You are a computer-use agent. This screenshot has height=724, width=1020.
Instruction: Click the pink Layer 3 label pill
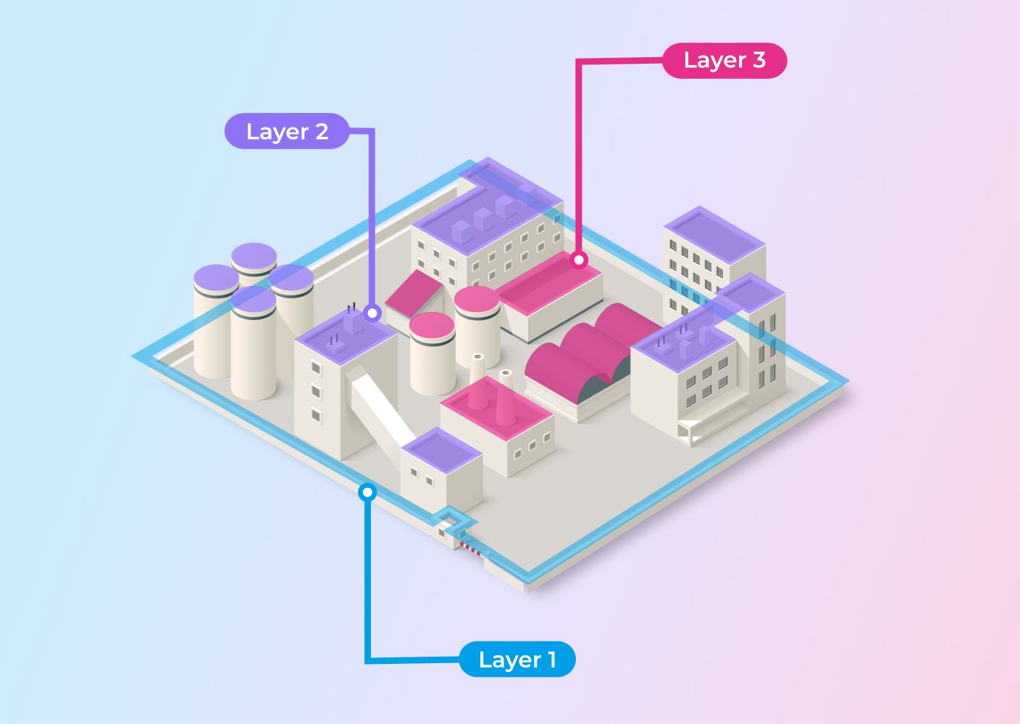click(x=724, y=61)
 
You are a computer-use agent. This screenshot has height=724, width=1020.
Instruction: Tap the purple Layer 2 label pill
click(x=287, y=131)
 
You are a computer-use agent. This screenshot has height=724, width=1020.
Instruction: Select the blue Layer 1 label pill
click(x=517, y=659)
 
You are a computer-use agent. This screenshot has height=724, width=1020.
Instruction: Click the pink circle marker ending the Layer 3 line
click(x=579, y=260)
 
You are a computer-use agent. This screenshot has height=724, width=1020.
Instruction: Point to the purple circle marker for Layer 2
click(x=372, y=313)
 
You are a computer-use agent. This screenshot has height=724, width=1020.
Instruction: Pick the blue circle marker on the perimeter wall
click(x=367, y=492)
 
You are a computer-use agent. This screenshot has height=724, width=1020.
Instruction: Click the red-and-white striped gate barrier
click(x=471, y=548)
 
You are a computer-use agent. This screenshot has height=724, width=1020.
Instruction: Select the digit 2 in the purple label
click(x=322, y=132)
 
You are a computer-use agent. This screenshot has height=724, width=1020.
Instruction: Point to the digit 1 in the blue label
click(x=552, y=659)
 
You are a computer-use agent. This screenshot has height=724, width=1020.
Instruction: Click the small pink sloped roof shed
click(x=414, y=294)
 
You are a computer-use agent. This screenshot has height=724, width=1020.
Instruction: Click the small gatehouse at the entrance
click(x=448, y=530)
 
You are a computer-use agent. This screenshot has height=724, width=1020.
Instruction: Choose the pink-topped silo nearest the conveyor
click(x=432, y=353)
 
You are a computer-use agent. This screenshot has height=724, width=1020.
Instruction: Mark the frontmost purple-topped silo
click(x=254, y=344)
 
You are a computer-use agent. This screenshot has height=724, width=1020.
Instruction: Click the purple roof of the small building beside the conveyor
click(x=442, y=450)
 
